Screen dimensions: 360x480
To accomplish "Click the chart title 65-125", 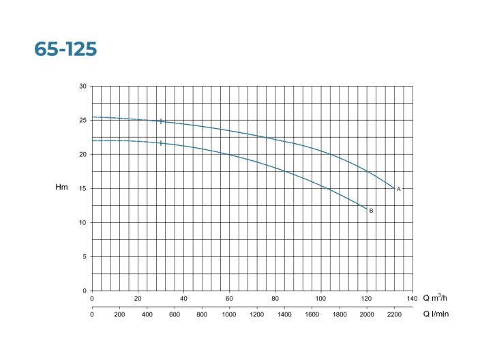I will click(66, 49).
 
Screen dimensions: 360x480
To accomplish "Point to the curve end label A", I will click(399, 189).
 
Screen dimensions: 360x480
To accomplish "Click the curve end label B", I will click(371, 211).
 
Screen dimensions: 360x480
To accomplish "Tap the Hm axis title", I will click(61, 187).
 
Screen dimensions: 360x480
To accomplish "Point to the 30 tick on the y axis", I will click(82, 87).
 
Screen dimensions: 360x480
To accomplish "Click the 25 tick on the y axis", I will click(82, 121).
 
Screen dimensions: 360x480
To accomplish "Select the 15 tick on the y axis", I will click(82, 189).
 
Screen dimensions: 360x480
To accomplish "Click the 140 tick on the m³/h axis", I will click(412, 298).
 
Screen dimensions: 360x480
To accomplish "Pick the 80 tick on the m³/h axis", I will click(275, 298).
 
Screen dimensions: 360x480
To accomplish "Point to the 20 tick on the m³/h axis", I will click(138, 298).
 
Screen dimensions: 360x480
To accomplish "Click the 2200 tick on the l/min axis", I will click(395, 315).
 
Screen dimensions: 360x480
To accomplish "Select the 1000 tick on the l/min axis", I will click(229, 315).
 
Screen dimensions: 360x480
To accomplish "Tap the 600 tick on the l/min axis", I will click(175, 315).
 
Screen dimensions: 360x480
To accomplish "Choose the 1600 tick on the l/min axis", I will click(312, 315).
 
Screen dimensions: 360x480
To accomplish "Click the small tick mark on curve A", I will click(161, 121).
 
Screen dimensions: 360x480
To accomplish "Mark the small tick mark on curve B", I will click(161, 143).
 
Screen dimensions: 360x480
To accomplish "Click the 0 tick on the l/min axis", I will click(92, 315).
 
